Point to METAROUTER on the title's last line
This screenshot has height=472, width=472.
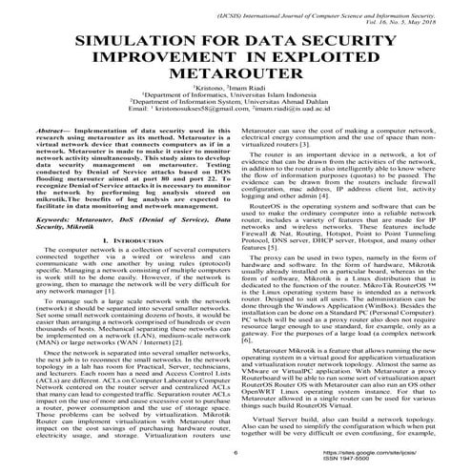235,85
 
